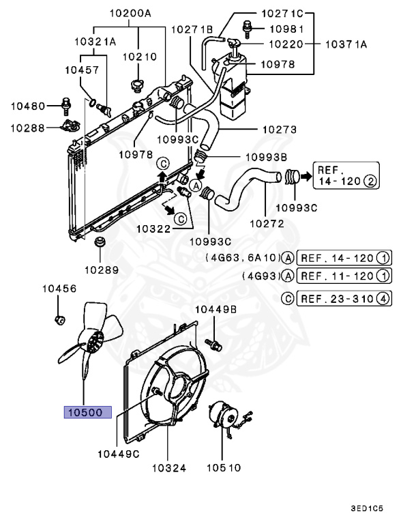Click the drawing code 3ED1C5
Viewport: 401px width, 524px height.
367,508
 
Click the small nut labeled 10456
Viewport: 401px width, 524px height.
58,319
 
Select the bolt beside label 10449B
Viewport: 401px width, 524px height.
215,344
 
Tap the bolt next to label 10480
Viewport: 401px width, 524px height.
65,105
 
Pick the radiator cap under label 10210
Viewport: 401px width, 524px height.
135,87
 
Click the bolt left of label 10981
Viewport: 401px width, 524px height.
246,29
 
